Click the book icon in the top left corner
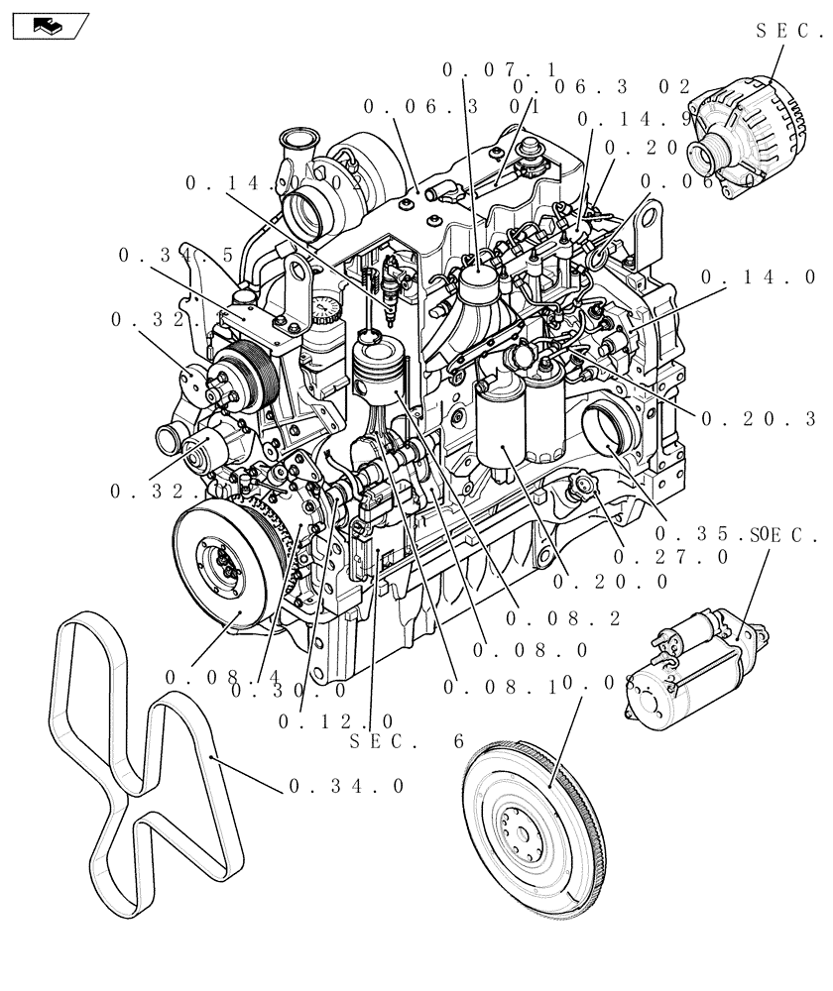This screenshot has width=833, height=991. click(x=48, y=26)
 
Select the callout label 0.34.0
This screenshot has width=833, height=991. click(x=346, y=786)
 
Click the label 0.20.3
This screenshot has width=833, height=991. click(x=758, y=419)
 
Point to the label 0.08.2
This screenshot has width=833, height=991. click(x=562, y=618)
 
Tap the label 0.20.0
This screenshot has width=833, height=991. click(x=612, y=583)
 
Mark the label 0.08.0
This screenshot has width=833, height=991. click(x=531, y=650)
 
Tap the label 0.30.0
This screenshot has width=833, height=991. click(x=289, y=691)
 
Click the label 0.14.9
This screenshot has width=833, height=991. click(x=635, y=120)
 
